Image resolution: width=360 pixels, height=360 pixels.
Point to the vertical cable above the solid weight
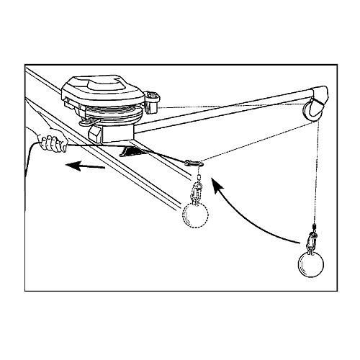tap(315, 180)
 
